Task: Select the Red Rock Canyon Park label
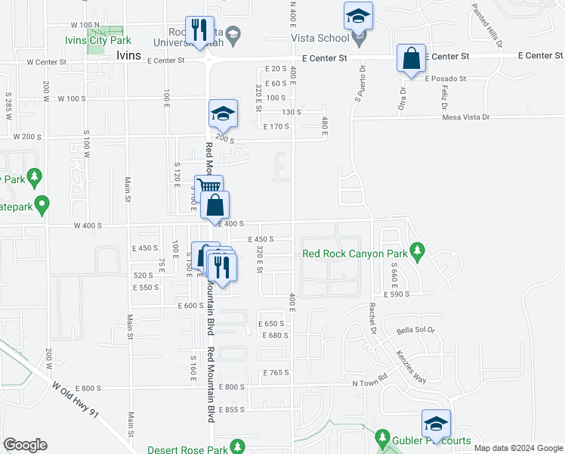point(354,253)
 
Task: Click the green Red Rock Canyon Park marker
point(415,250)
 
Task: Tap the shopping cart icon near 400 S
point(209,187)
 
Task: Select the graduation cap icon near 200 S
point(224,113)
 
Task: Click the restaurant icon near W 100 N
point(200,30)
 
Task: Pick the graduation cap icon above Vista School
point(358,15)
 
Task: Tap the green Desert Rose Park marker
point(239,446)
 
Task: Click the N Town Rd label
point(369,384)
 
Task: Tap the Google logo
point(25,445)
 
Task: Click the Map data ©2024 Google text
point(518,448)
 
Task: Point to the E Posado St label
point(445,79)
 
